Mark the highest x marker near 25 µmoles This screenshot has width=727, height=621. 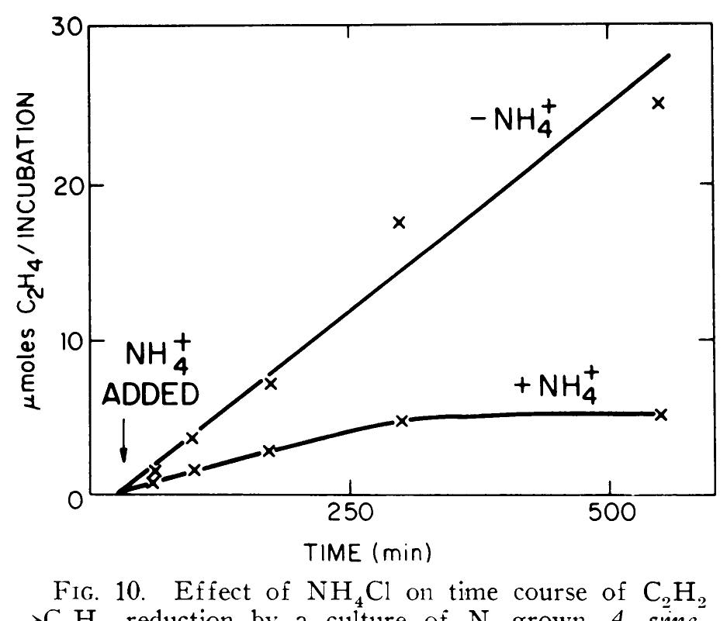click(x=659, y=102)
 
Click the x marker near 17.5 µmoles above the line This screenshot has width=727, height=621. click(x=400, y=223)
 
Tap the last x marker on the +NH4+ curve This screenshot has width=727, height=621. click(x=661, y=414)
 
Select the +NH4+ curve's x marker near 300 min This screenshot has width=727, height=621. click(x=401, y=421)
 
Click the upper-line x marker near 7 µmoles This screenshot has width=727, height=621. click(x=270, y=383)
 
